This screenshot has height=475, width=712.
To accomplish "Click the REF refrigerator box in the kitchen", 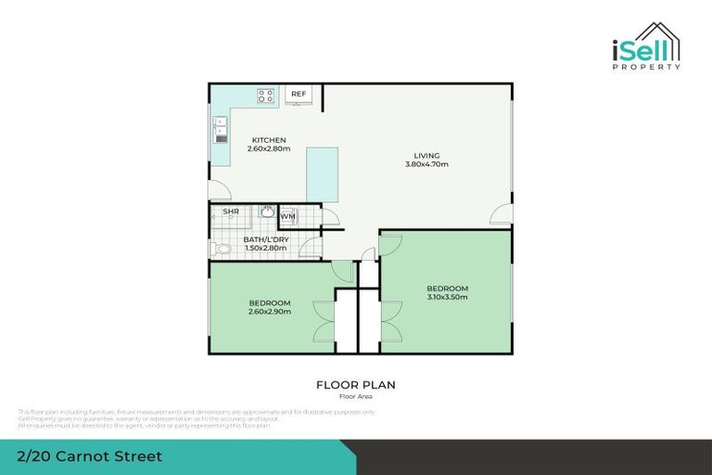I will pyautogui.click(x=299, y=95).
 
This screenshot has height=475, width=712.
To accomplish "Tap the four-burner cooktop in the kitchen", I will pyautogui.click(x=266, y=95).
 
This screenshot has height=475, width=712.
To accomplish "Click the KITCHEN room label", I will pyautogui.click(x=269, y=140).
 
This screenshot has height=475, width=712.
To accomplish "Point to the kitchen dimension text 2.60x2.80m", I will pyautogui.click(x=269, y=148).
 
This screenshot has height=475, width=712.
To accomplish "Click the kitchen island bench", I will pyautogui.click(x=322, y=173).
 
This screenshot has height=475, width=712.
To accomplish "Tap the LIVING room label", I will pyautogui.click(x=426, y=155).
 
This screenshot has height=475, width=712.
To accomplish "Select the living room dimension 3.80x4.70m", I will pyautogui.click(x=426, y=164).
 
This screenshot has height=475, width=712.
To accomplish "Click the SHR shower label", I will pyautogui.click(x=230, y=212).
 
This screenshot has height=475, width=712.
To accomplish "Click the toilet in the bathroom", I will pyautogui.click(x=221, y=249).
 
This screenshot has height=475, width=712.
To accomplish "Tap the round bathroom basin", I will pyautogui.click(x=266, y=212).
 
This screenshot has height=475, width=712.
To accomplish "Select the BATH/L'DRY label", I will pyautogui.click(x=266, y=239).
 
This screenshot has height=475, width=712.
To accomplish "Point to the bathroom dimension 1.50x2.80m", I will pyautogui.click(x=266, y=248).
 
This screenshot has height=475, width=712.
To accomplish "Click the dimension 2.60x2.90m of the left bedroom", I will pyautogui.click(x=270, y=312).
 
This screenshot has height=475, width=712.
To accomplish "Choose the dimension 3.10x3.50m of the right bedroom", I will pyautogui.click(x=447, y=297).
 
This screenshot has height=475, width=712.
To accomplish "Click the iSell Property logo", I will pyautogui.click(x=646, y=46).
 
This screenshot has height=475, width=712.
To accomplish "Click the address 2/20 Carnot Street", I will pyautogui.click(x=90, y=456).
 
